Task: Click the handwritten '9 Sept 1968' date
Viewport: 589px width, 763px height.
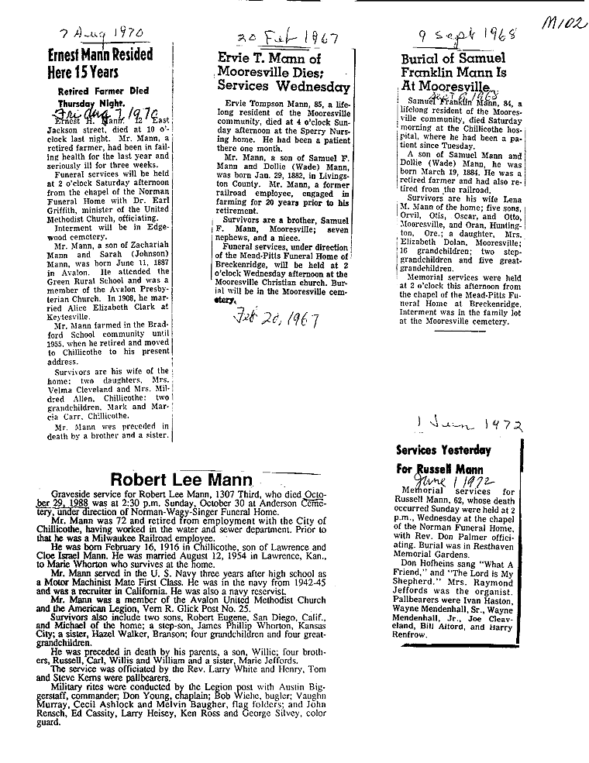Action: pos(467,35)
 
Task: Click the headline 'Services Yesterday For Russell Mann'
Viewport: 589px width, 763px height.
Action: pos(443,459)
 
